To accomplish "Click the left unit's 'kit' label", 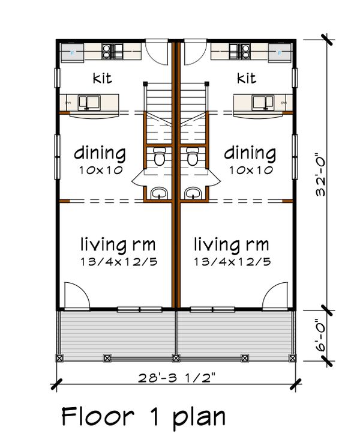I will pyautogui.click(x=103, y=78).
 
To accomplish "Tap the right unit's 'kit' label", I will pyautogui.click(x=247, y=78).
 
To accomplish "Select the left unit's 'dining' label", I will pyautogui.click(x=100, y=153).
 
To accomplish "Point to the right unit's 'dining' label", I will pyautogui.click(x=250, y=153).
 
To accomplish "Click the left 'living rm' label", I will pyautogui.click(x=118, y=244).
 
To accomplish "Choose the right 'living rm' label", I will pyautogui.click(x=232, y=244).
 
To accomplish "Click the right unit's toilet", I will pyautogui.click(x=192, y=157).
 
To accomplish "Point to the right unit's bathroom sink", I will pyautogui.click(x=193, y=193).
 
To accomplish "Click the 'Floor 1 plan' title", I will pyautogui.click(x=144, y=416).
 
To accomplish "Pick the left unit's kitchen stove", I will pyautogui.click(x=112, y=51).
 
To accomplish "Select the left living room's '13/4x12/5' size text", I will pyautogui.click(x=118, y=262).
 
